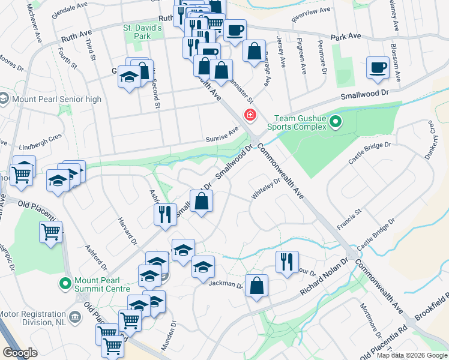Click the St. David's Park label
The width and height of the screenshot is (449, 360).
pos(142,32)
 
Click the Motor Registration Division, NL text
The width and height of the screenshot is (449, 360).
pos(32,319)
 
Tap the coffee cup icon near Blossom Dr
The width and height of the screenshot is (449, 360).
pos(378,68)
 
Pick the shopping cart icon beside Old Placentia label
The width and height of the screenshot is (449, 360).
pos(51,232)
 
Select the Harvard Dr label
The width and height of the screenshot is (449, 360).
pos(128,227)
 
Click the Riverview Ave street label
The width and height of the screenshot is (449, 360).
pos(310,11)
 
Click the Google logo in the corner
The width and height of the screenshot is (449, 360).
pos(20,352)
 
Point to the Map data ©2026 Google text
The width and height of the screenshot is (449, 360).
pos(411,355)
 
